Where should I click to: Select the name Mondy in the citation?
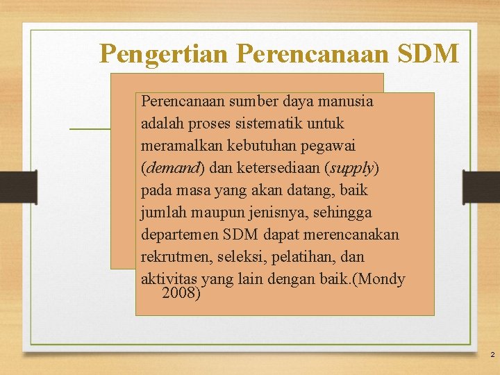(383, 279)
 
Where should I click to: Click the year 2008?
(181, 293)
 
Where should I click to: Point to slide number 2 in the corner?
(492, 355)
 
